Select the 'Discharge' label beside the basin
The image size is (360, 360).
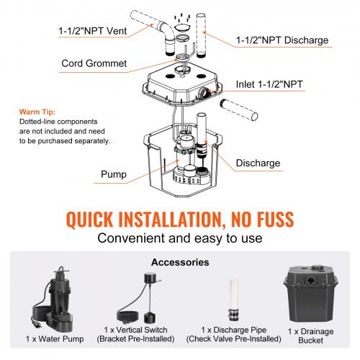257,163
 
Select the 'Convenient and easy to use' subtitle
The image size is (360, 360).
180,238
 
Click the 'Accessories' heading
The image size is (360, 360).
180,262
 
